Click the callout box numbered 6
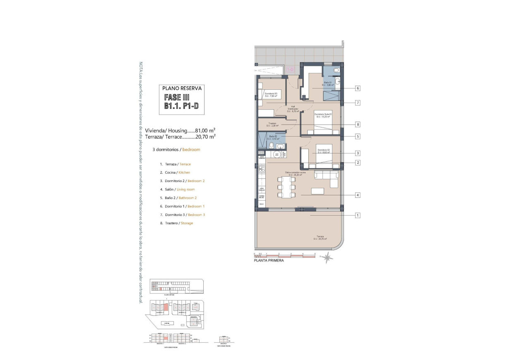point(357,88)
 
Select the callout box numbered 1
point(357,215)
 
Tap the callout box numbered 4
point(357,195)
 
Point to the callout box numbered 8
point(357,124)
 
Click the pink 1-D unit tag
point(290,70)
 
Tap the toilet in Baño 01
point(336,71)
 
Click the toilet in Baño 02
point(271,146)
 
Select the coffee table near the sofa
point(318,191)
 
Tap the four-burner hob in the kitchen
point(261,169)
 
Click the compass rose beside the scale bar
point(327,257)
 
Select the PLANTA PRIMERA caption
point(269,261)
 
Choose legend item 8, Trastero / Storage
point(176,223)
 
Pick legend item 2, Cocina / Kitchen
point(175,173)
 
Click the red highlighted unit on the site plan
point(166,307)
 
